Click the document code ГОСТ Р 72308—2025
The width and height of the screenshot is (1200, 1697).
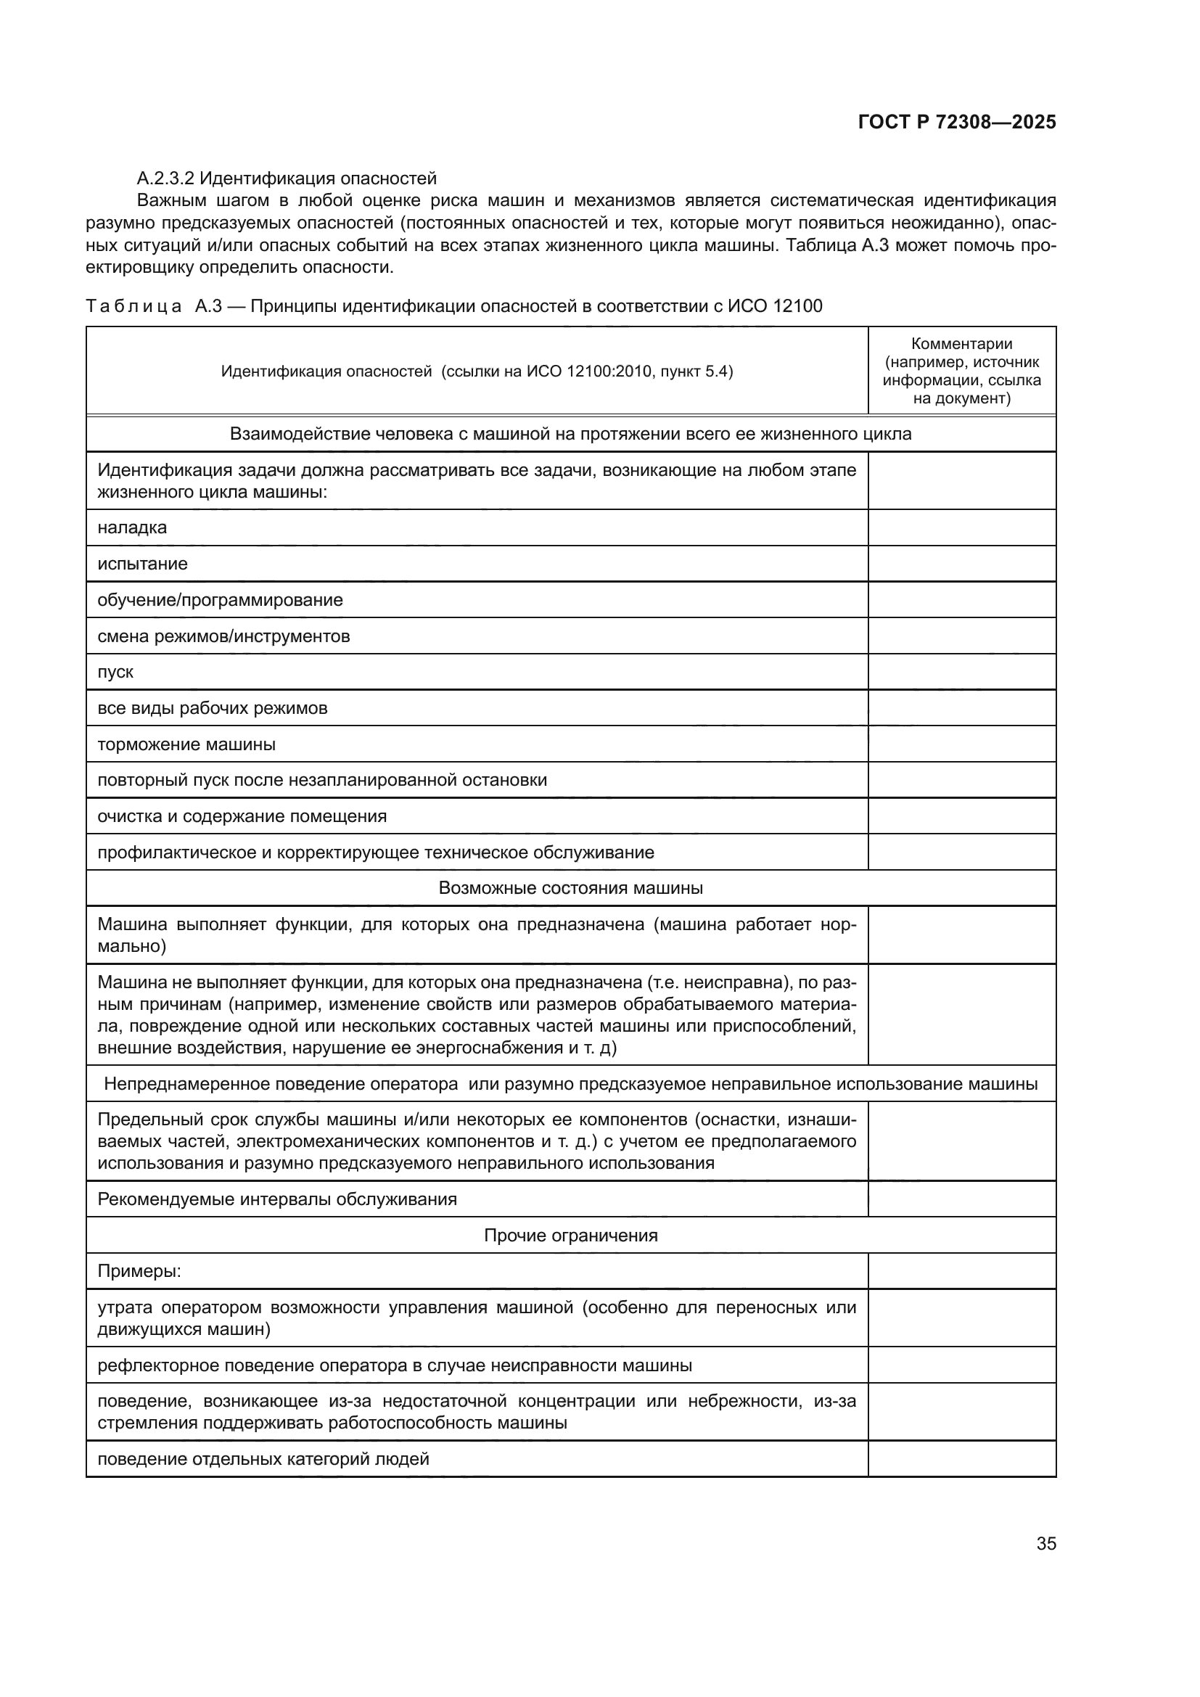[957, 123]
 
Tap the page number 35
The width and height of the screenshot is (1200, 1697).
[1045, 1543]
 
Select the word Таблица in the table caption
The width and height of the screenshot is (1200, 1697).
[133, 306]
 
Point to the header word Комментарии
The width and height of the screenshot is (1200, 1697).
[961, 344]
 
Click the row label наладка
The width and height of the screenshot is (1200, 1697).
[132, 527]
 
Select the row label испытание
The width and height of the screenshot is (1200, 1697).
[143, 564]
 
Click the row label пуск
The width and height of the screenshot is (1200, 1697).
[115, 672]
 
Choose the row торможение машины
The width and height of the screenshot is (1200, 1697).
[186, 744]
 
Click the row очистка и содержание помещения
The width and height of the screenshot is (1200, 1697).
[242, 816]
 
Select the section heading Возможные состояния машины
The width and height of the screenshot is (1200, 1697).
[570, 887]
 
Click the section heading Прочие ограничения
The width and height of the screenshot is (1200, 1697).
[570, 1235]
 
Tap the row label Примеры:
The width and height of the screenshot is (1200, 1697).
[139, 1271]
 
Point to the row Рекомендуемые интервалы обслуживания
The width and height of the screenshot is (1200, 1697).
[277, 1199]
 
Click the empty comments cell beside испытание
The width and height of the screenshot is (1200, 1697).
[961, 564]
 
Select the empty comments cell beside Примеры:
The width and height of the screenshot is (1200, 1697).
[961, 1271]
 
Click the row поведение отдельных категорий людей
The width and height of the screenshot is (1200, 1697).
[263, 1459]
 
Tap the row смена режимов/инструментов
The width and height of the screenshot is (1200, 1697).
[224, 636]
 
